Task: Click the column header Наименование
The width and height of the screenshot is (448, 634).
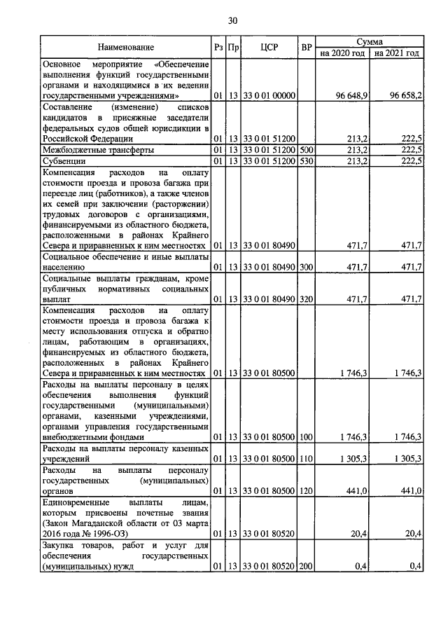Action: point(126,48)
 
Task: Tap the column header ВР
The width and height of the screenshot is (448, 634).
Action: point(306,48)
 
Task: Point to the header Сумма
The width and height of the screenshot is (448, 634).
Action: point(369,42)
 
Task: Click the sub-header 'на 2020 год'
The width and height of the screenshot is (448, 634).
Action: point(342,53)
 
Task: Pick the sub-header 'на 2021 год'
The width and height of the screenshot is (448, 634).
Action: point(397,53)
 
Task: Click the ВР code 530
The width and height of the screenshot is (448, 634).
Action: point(306,162)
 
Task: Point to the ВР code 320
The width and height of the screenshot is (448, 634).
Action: point(306,299)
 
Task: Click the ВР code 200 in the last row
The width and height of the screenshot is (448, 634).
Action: point(306,566)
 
